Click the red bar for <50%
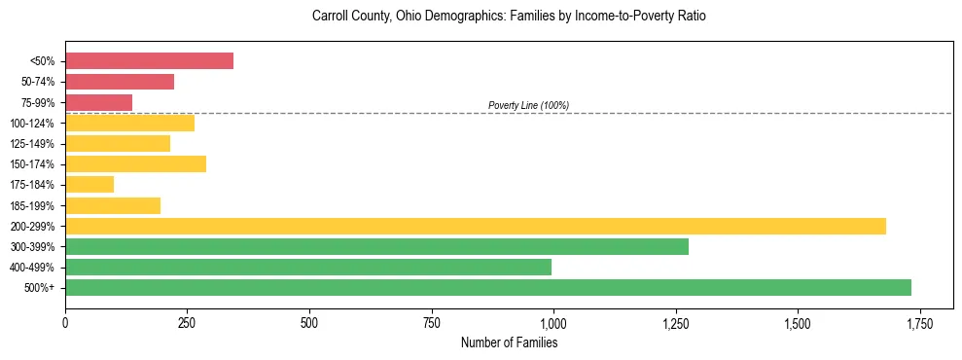149,61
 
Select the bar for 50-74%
120,82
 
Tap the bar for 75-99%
98,102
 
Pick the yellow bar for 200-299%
476,226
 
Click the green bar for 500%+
488,287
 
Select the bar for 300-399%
376,246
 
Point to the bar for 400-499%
308,267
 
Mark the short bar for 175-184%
89,184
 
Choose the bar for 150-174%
135,163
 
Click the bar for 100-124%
129,123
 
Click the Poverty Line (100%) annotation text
528,105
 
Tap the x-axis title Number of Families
509,342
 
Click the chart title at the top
509,17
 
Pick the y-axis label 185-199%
35,205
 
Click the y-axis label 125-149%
35,143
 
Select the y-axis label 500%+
42,287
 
